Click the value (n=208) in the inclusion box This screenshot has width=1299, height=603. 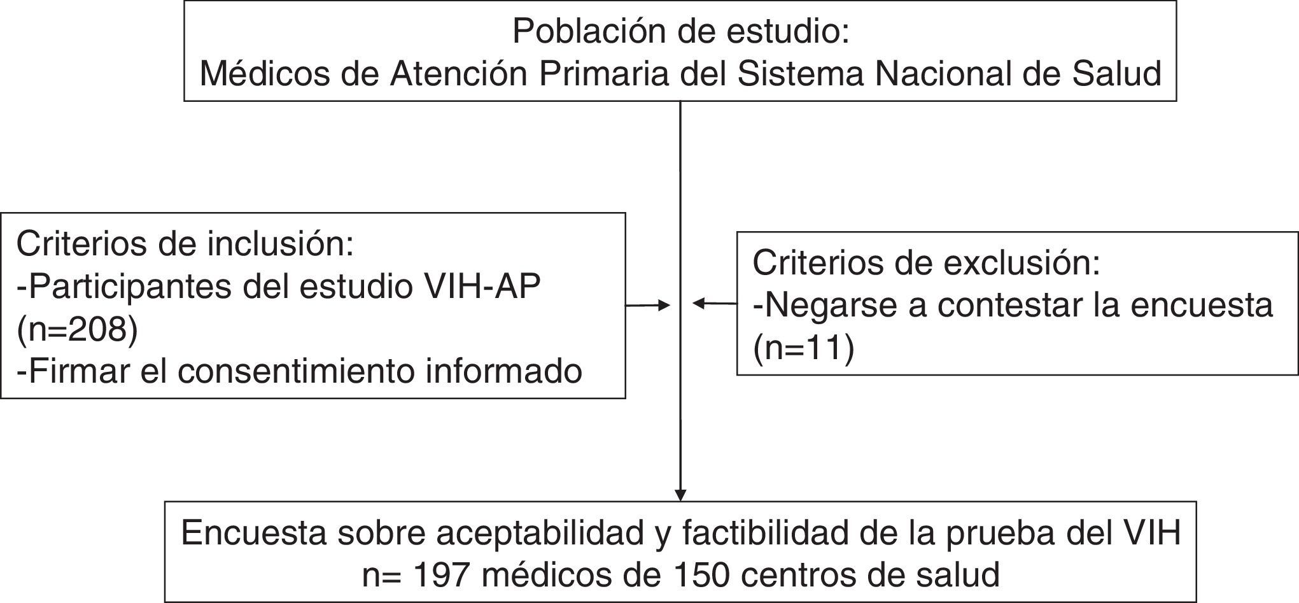pyautogui.click(x=77, y=330)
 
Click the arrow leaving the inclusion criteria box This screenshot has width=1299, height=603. pyautogui.click(x=648, y=306)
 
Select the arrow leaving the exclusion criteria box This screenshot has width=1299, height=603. pyautogui.click(x=714, y=304)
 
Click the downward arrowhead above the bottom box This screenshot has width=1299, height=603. pyautogui.click(x=680, y=494)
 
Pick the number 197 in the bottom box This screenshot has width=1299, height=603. pyautogui.click(x=442, y=575)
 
